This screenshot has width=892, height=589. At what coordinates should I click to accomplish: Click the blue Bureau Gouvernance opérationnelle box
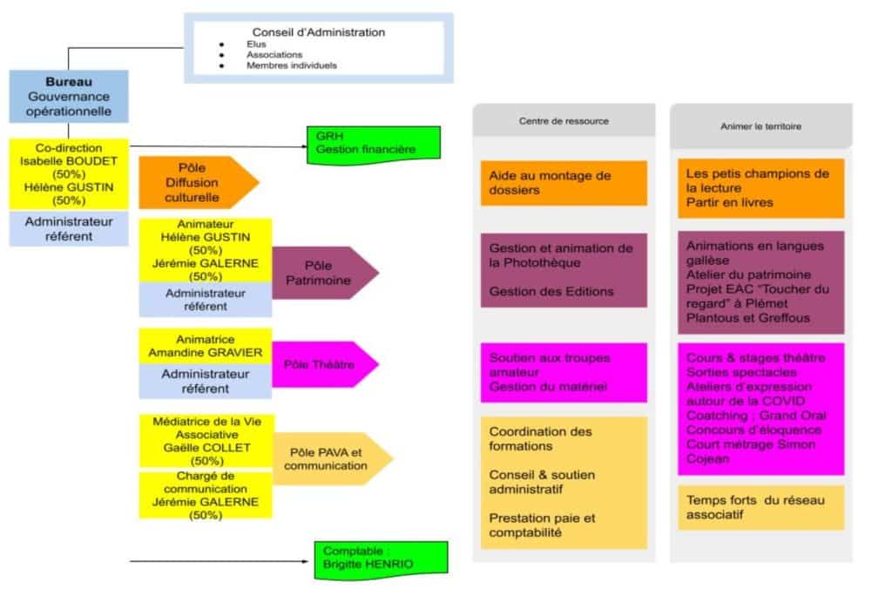[x=69, y=96]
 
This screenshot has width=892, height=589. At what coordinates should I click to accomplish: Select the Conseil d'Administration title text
[x=318, y=32]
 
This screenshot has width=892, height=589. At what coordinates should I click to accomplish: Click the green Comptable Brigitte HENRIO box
[x=380, y=558]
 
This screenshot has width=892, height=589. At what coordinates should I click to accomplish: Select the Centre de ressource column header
[x=564, y=121]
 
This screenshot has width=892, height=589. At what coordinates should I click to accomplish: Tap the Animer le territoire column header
[x=760, y=125]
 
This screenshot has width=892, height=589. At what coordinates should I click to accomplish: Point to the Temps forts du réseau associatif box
[x=760, y=507]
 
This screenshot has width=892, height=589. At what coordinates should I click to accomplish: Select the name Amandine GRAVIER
[x=206, y=352]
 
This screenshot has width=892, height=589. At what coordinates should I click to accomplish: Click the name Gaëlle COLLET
[x=206, y=447]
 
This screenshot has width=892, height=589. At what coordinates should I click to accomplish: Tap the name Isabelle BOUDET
[x=69, y=161]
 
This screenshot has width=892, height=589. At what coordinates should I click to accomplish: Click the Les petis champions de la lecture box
[x=760, y=187]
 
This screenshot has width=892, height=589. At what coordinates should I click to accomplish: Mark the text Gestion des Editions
[x=551, y=291]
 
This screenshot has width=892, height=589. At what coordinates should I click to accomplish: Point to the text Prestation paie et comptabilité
[x=542, y=525]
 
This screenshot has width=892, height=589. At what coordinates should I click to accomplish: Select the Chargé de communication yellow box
[x=206, y=495]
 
